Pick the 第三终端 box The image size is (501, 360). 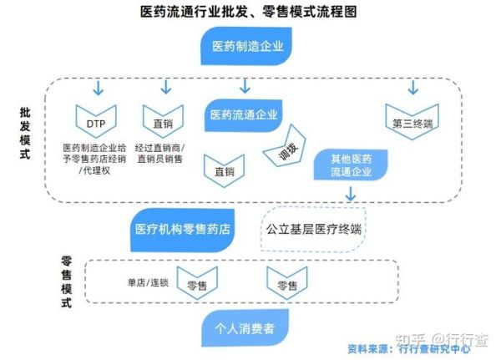(x=412, y=122)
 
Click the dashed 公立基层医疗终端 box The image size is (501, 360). (x=315, y=227)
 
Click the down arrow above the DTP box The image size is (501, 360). (x=98, y=87)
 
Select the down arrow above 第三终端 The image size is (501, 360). (x=412, y=87)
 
